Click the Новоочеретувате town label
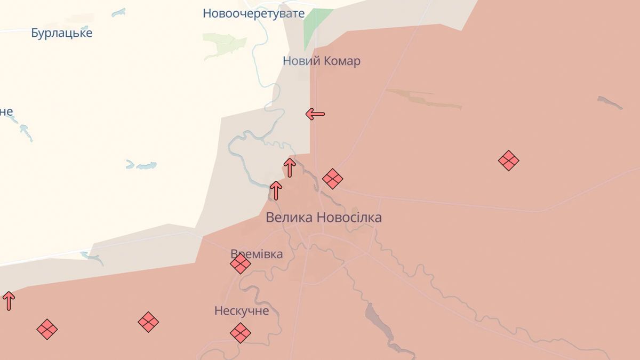(253, 13)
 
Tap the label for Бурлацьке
(61, 33)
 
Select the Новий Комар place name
(321, 61)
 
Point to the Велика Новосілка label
(323, 218)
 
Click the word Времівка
(257, 254)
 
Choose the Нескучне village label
(242, 310)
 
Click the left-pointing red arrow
(315, 114)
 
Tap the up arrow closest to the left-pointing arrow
(290, 167)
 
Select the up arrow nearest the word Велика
(276, 190)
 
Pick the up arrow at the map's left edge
(9, 301)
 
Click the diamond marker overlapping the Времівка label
(241, 263)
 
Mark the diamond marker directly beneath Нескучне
(241, 333)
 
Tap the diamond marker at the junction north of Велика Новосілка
(332, 179)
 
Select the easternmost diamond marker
(509, 160)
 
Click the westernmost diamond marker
(47, 329)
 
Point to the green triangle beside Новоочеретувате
(316, 27)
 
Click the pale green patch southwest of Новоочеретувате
(224, 45)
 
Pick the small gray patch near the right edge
(610, 102)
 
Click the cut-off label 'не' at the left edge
(6, 112)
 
